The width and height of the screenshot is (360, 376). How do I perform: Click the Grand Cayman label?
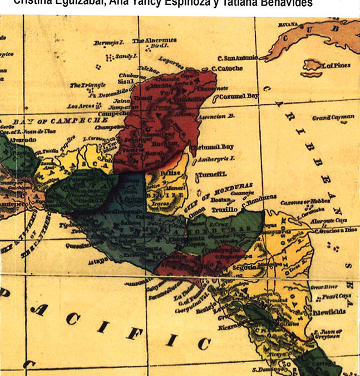[333, 118]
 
